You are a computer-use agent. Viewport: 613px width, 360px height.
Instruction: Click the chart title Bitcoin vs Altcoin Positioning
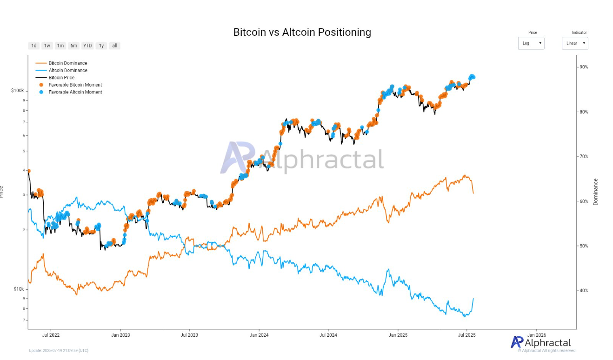tap(302, 32)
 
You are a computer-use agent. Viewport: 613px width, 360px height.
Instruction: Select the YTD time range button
tap(87, 46)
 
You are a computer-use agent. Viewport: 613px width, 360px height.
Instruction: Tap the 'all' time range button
tap(114, 46)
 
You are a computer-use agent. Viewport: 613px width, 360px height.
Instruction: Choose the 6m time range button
tap(73, 46)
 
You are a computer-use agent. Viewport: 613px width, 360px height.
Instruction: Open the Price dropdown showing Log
tap(531, 43)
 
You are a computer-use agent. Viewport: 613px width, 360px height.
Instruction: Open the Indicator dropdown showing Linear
tap(575, 43)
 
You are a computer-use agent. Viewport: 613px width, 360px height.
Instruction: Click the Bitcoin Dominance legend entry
tap(68, 63)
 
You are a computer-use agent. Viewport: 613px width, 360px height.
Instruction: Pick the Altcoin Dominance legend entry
tap(68, 70)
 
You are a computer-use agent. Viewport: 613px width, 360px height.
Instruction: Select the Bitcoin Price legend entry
tap(61, 78)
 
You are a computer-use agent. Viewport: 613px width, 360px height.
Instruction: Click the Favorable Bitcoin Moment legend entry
tap(75, 85)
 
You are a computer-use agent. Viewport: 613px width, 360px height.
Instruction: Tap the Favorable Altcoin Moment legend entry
tap(75, 92)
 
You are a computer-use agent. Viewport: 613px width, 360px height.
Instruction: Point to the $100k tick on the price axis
tap(17, 90)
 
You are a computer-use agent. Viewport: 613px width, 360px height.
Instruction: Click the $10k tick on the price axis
tap(18, 289)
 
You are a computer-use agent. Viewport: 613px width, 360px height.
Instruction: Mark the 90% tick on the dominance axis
tap(583, 67)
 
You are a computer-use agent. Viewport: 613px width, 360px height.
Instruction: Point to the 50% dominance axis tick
tap(583, 246)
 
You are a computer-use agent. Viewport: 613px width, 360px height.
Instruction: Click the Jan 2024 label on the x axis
tap(259, 335)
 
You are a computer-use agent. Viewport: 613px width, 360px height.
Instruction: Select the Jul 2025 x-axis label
tap(466, 335)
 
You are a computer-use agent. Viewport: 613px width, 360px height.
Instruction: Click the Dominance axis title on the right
tap(596, 192)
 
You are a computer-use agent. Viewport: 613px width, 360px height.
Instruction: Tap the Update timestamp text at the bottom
tap(59, 350)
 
